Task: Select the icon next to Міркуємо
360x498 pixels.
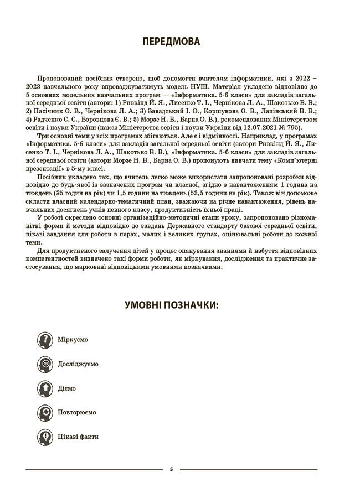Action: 45,339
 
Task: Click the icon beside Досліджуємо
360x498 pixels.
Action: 45,364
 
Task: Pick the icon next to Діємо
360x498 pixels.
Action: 45,388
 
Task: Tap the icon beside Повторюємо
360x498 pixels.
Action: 45,412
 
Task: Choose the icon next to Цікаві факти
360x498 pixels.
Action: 45,437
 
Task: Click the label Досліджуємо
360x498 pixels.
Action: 78,364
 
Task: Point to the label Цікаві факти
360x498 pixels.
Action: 78,437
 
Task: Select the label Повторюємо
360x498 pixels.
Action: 77,412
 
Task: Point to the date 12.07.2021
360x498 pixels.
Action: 261,127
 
